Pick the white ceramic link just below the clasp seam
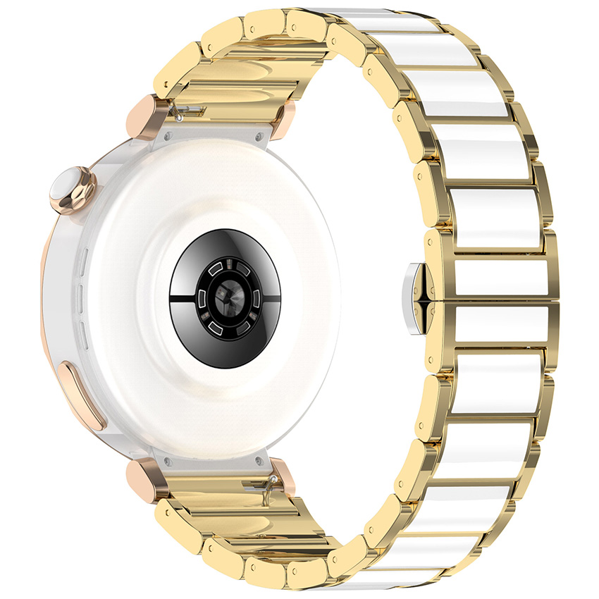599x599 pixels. point(493,323)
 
